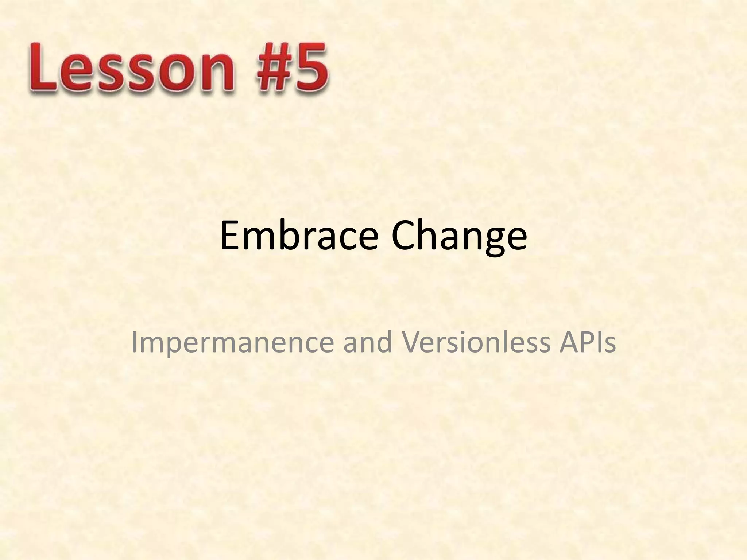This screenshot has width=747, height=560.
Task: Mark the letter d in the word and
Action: click(385, 342)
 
